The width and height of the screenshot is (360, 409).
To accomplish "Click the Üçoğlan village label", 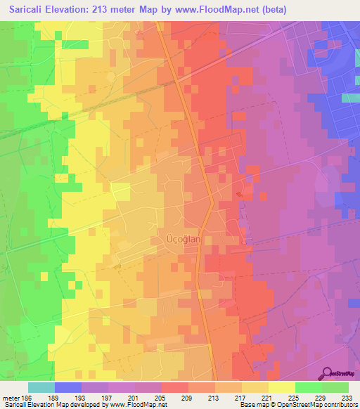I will click(183, 239).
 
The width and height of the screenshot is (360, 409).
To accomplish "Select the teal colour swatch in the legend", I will click(41, 387).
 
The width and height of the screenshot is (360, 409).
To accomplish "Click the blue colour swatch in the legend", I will click(68, 387).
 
